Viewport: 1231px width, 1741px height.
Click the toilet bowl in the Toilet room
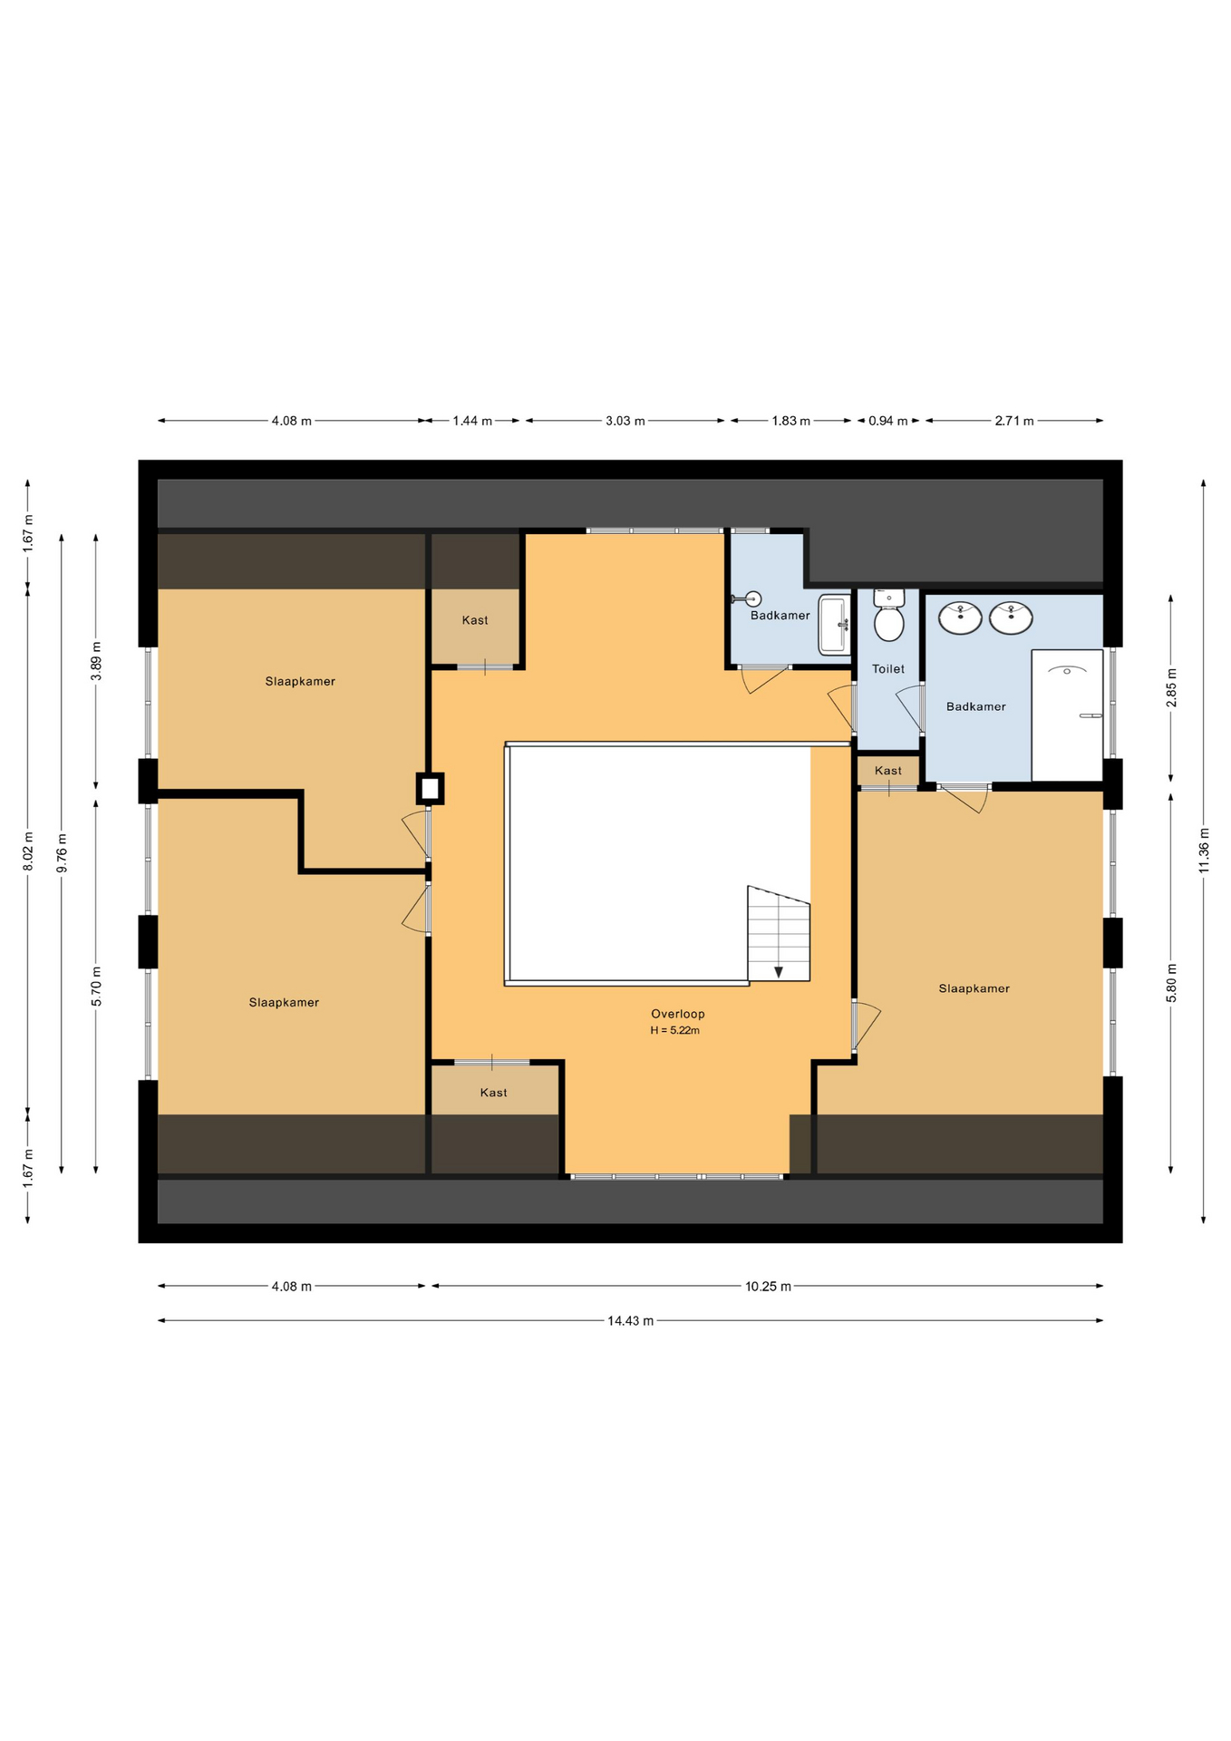pyautogui.click(x=888, y=623)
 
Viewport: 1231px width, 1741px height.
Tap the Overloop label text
pyautogui.click(x=677, y=1014)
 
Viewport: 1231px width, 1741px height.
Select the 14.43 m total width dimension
pyautogui.click(x=630, y=1320)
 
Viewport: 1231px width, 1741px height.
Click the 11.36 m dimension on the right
pyautogui.click(x=1204, y=851)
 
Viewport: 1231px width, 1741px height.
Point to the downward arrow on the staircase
pyautogui.click(x=779, y=972)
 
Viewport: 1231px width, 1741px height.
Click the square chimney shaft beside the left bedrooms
pyautogui.click(x=430, y=788)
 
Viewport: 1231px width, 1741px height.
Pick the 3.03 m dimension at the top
pyautogui.click(x=625, y=421)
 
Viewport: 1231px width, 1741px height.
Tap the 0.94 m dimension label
pyautogui.click(x=887, y=421)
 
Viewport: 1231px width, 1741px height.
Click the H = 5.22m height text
pyautogui.click(x=674, y=1030)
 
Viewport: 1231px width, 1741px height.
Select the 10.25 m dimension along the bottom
pyautogui.click(x=768, y=1286)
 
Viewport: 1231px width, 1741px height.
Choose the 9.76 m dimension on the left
pyautogui.click(x=62, y=852)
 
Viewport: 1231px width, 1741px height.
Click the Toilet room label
pyautogui.click(x=887, y=669)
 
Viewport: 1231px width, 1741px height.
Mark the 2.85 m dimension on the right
pyautogui.click(x=1171, y=687)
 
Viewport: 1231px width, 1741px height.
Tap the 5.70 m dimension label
pyautogui.click(x=96, y=986)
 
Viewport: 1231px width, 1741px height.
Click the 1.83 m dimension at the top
pyautogui.click(x=790, y=421)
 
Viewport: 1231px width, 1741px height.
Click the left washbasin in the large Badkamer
pyautogui.click(x=959, y=618)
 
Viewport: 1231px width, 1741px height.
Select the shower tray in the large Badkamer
pyautogui.click(x=1067, y=715)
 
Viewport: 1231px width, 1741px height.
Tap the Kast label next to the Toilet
pyautogui.click(x=887, y=771)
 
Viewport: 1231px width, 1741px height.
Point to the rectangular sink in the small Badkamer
pyautogui.click(x=833, y=624)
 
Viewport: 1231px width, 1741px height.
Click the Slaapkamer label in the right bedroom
pyautogui.click(x=974, y=988)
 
